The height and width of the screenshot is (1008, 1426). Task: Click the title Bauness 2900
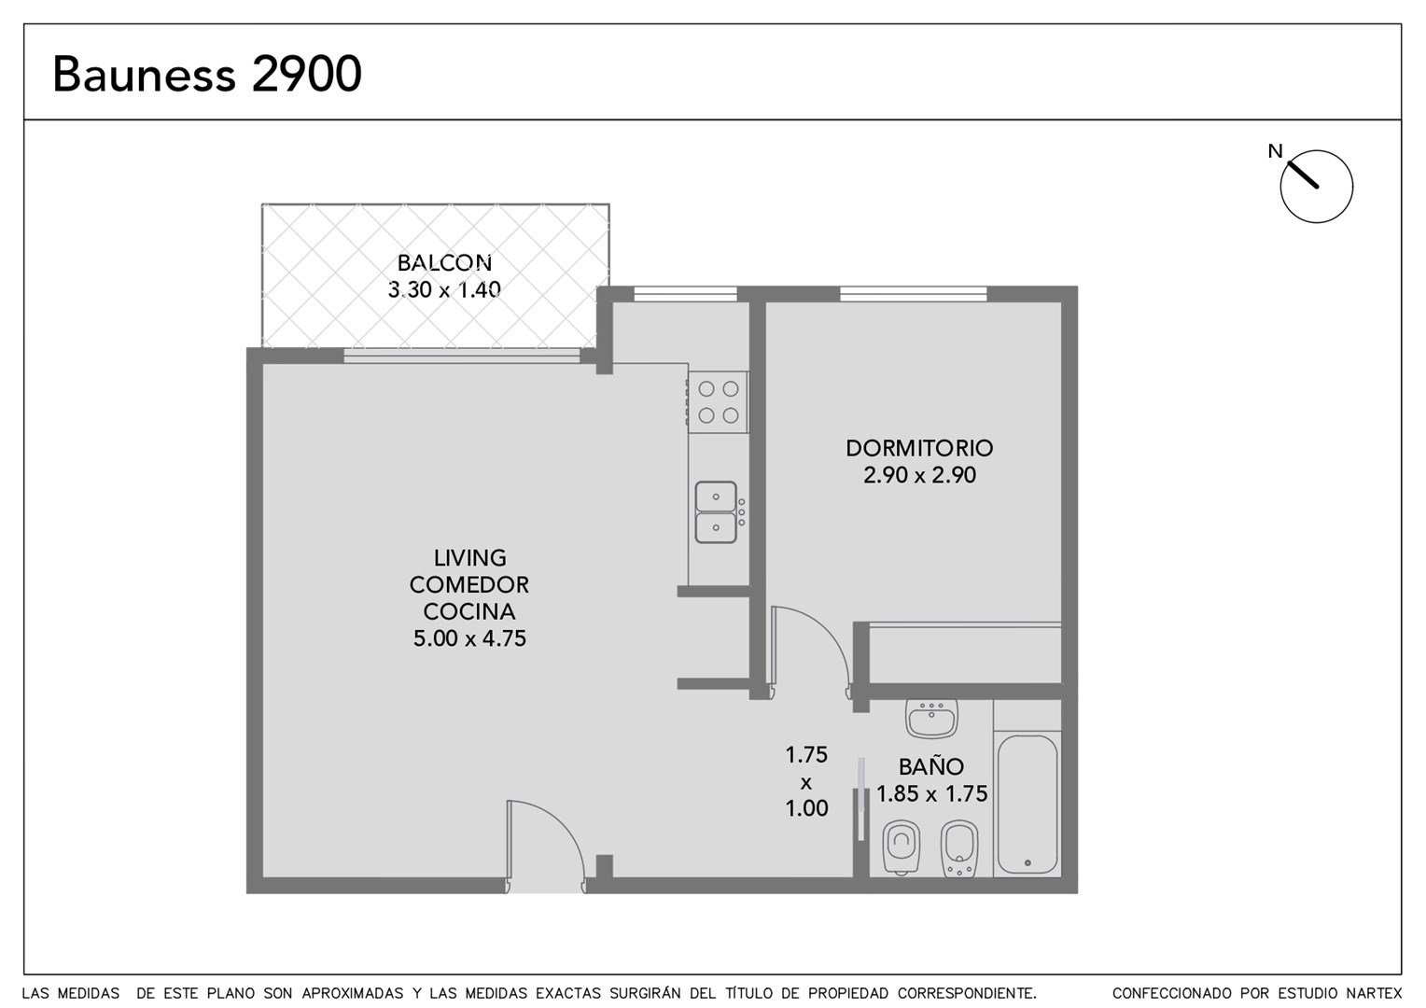[207, 74]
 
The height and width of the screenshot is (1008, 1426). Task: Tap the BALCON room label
[444, 262]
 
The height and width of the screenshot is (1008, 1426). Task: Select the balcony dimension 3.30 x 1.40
[444, 289]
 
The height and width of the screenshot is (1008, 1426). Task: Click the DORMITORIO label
[919, 448]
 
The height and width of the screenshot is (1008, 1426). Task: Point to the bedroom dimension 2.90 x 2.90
[919, 475]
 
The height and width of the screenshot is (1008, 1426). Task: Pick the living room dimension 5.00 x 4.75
[469, 638]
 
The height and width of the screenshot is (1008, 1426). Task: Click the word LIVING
[469, 558]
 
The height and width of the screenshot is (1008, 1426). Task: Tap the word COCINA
[469, 611]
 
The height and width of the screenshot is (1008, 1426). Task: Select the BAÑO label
[931, 766]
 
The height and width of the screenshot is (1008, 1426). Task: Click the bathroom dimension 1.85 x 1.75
[932, 793]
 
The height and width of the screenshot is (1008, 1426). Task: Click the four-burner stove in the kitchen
[718, 401]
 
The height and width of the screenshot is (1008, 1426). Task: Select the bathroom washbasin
[931, 719]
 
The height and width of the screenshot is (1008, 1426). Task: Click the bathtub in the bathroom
[1028, 805]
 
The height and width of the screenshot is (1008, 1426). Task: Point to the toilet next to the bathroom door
[902, 848]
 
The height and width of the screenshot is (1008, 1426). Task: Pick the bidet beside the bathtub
[959, 848]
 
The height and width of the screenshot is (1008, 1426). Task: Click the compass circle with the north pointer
[1317, 187]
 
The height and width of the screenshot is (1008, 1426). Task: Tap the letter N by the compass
[1275, 151]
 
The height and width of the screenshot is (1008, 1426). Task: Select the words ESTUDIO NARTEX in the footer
[1321, 993]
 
